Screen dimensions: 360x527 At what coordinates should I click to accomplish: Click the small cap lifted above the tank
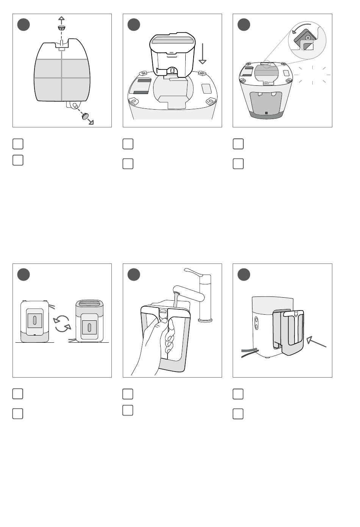coord(61,28)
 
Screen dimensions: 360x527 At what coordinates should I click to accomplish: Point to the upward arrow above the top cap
coord(61,19)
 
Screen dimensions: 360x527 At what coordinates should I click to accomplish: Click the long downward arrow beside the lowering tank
coord(203,53)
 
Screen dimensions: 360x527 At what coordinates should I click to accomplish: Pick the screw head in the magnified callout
coord(308,38)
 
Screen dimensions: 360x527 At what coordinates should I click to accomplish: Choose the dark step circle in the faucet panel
coord(134,274)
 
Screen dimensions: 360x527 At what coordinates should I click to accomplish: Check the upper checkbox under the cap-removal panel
coord(18,144)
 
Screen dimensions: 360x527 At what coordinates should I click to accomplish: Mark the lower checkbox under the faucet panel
coord(128,410)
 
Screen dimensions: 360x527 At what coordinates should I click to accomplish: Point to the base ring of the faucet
coord(205,320)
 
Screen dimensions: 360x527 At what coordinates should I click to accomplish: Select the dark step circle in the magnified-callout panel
coord(244,25)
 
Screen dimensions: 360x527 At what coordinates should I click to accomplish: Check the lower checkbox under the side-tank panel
coord(238,414)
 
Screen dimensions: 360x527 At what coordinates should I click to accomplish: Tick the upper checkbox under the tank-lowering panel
coord(128,144)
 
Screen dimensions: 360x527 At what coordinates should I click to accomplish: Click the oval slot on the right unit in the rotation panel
coord(89,327)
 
